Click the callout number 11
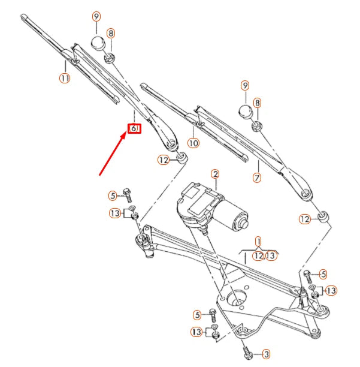click(65, 77)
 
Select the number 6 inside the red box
click(134, 128)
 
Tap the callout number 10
click(193, 143)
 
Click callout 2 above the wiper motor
click(214, 174)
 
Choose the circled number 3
click(267, 354)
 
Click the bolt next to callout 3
click(246, 350)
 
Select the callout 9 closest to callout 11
click(96, 16)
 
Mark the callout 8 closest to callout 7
click(258, 103)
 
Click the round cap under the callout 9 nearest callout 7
click(245, 112)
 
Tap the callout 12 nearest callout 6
click(164, 160)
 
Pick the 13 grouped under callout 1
click(271, 255)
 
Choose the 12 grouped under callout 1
click(259, 255)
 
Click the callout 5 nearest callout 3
click(197, 314)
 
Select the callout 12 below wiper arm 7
click(305, 219)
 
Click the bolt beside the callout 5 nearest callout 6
click(127, 194)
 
